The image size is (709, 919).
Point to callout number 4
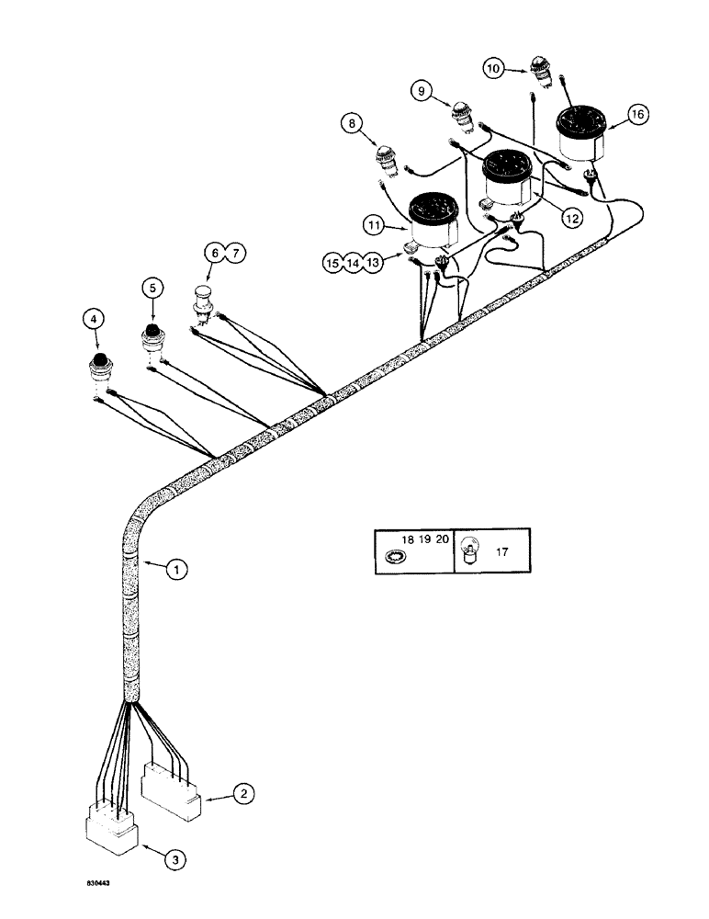pos(91,319)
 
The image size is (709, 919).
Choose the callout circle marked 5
pos(152,287)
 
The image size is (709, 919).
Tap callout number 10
pos(494,67)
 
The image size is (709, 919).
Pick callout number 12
pos(570,218)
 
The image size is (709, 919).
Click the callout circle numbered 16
pos(636,114)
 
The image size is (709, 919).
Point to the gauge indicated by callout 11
pos(432,221)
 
